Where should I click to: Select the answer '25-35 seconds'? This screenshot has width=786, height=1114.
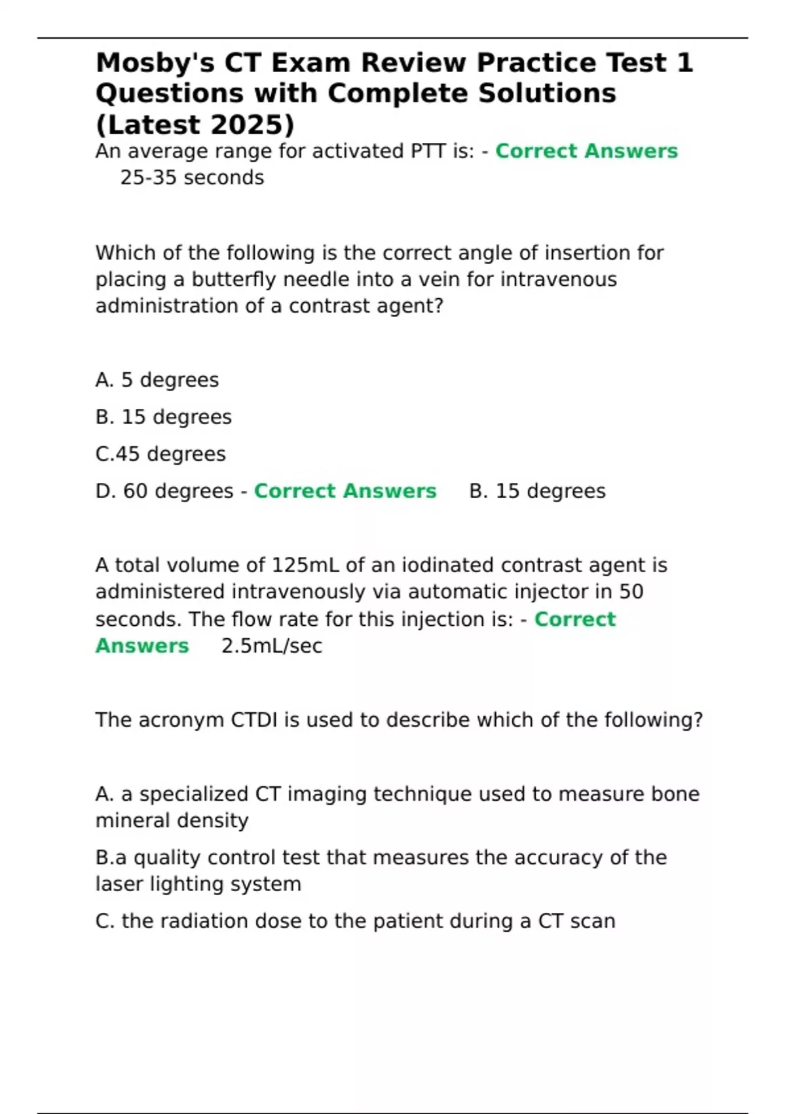click(x=192, y=178)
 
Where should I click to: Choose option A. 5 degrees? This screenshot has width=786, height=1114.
click(x=157, y=380)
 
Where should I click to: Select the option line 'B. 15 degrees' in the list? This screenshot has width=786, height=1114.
click(x=164, y=417)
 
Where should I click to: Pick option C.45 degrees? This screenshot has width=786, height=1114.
click(x=160, y=454)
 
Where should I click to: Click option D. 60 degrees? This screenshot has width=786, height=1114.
click(x=164, y=491)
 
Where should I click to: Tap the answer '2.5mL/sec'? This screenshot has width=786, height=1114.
click(x=272, y=646)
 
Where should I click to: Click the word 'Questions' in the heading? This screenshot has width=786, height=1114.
click(x=170, y=94)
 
